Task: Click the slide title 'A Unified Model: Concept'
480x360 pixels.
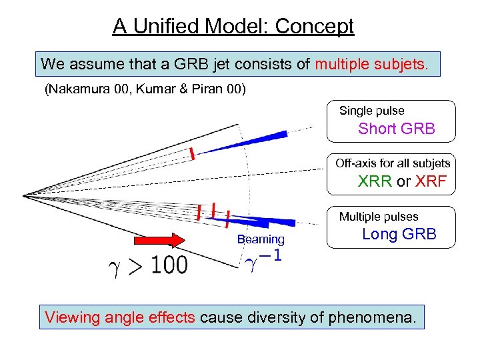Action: tap(233, 26)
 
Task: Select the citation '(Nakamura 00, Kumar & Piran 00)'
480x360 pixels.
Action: tap(145, 89)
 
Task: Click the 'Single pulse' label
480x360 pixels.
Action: tap(371, 111)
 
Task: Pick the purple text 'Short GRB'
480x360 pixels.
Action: tap(396, 129)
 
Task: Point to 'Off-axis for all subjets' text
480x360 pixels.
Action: tap(393, 163)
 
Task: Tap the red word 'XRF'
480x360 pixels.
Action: tap(430, 181)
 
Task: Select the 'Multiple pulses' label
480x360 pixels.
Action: tap(378, 217)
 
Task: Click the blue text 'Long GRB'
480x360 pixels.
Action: tap(399, 234)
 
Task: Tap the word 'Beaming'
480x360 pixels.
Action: tap(260, 239)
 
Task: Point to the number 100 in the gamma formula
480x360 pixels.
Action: tap(169, 265)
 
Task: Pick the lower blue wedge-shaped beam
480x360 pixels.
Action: tap(273, 220)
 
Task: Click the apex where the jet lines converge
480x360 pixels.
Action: tap(25, 195)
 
